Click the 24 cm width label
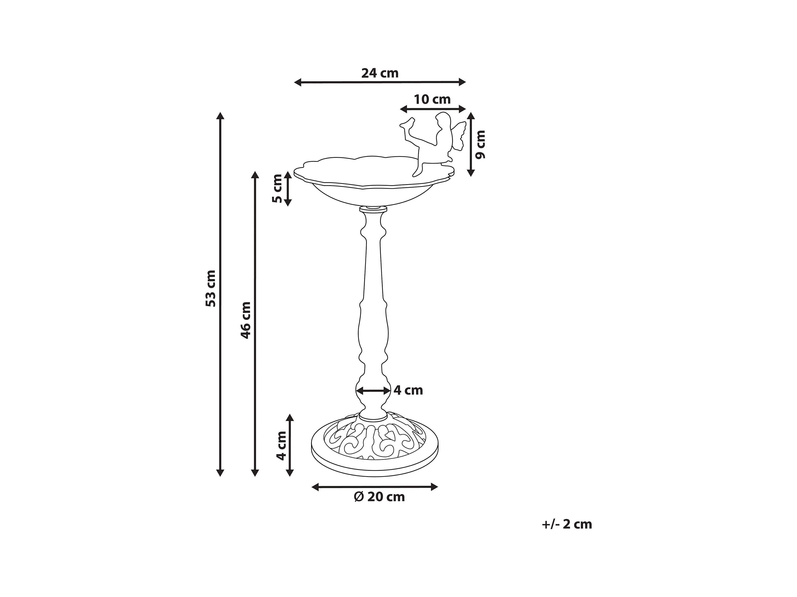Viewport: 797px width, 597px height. (380, 73)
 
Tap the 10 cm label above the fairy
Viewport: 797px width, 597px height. (432, 100)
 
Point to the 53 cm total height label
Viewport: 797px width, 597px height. (211, 289)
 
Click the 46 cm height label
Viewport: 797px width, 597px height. (246, 320)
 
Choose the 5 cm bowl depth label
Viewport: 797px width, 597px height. (277, 188)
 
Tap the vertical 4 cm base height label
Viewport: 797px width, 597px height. (281, 446)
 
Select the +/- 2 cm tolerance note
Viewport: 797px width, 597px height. (567, 524)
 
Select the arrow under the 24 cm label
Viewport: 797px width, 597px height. (380, 82)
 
